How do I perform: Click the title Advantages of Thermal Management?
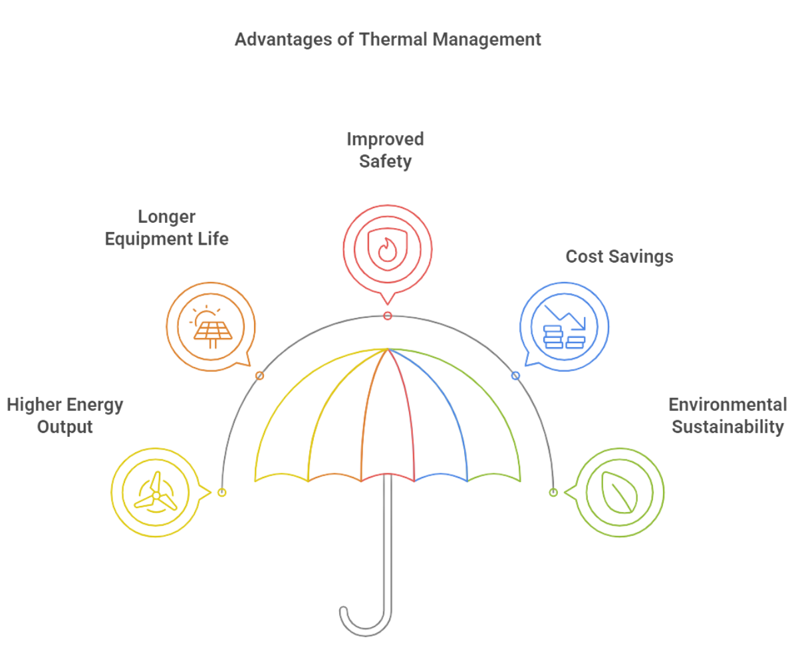pos(388,39)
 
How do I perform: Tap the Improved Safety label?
pos(385,150)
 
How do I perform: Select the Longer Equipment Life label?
pos(166,227)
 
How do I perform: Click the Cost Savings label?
pos(619,256)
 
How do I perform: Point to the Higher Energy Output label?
pos(65,416)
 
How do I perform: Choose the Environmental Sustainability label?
pos(728,416)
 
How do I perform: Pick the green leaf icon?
pos(618,493)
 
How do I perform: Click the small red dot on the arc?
pos(387,315)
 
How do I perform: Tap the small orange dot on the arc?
pos(260,376)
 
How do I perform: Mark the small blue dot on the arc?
pos(515,376)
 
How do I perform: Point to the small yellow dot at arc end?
pos(222,493)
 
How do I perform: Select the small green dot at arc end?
pos(553,493)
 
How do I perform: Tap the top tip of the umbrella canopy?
pos(388,349)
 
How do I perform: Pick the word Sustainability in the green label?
pos(728,426)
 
